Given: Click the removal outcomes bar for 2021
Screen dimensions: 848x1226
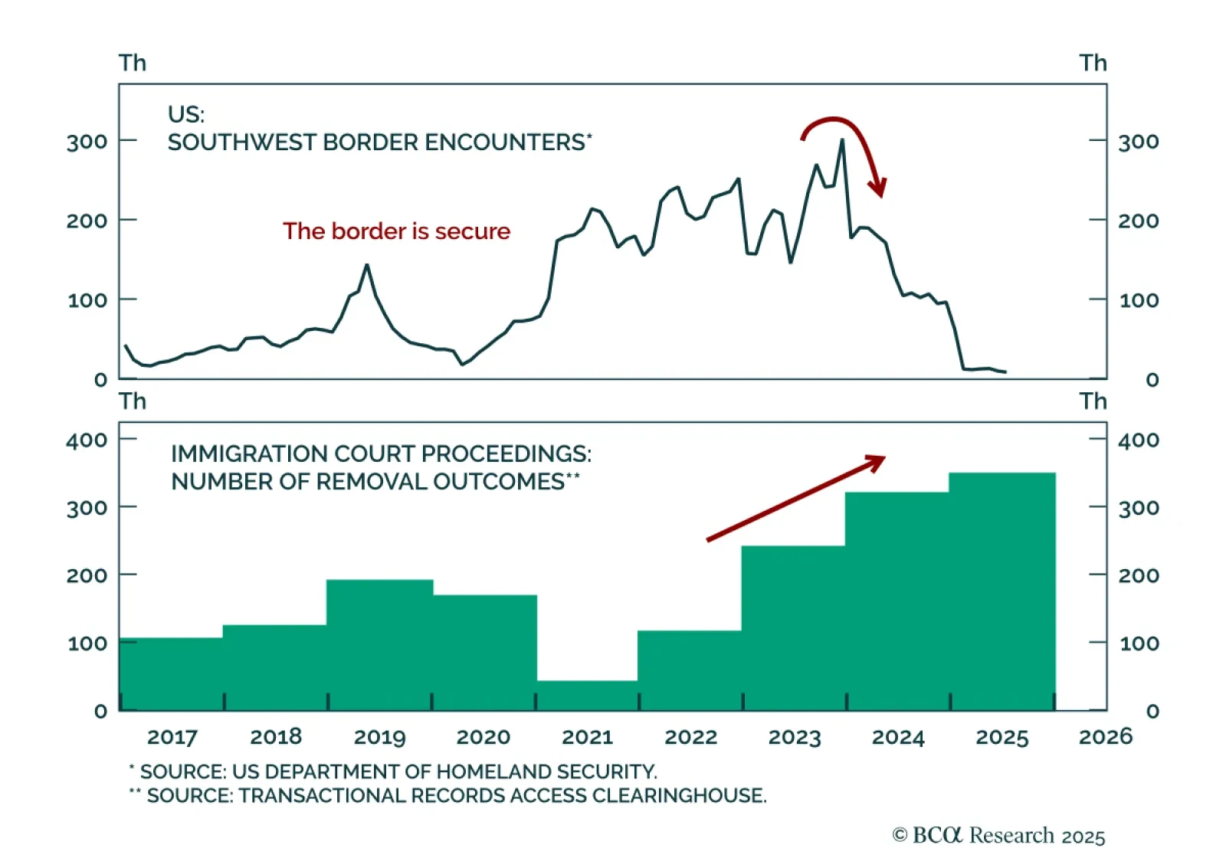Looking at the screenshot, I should click(x=587, y=695).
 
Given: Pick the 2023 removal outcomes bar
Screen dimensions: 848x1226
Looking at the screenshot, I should click(x=793, y=628).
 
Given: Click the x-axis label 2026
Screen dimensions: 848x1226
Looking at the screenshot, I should click(x=1105, y=737).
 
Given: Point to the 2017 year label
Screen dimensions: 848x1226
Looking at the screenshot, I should click(x=172, y=737).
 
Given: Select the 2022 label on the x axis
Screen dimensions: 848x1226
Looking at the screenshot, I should click(x=690, y=737).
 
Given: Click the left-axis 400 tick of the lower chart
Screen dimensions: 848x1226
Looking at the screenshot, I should click(x=87, y=440).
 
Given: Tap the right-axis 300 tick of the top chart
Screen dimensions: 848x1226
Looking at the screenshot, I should click(x=1138, y=142).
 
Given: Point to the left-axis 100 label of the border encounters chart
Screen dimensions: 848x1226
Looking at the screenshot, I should click(x=87, y=300).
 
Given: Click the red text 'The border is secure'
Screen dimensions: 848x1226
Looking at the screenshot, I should click(x=396, y=231).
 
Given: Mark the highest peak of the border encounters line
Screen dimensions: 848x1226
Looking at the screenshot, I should click(x=842, y=140).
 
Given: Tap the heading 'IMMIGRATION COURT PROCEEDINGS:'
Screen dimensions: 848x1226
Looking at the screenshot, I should click(x=381, y=453).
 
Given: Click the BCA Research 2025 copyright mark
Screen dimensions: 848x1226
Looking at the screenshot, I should click(x=998, y=835).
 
